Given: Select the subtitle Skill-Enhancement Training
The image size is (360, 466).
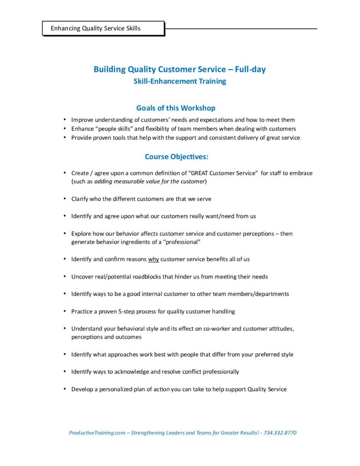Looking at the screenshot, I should point(179,81).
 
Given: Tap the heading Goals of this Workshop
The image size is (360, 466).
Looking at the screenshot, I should point(176,108).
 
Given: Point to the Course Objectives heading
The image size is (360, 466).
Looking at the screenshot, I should point(177,157).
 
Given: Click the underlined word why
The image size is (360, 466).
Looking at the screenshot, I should point(153,259).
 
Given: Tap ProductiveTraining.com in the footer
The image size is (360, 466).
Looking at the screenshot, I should point(97,433).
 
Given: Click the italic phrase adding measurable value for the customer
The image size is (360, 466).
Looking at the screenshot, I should point(150,181).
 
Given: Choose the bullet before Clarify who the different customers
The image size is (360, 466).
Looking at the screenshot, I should point(65,199).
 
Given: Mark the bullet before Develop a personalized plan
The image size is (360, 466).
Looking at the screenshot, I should point(65,389).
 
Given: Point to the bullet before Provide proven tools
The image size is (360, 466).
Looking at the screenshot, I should point(65,137).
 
